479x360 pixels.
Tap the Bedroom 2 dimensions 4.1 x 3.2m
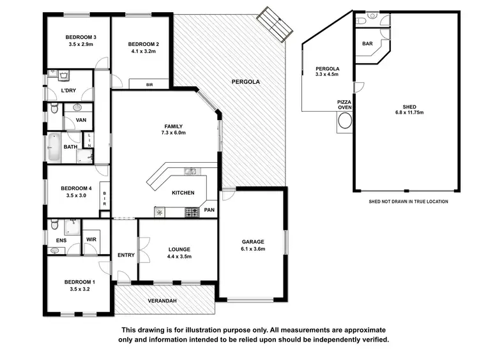(x=143, y=52)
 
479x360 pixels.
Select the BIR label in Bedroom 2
(x=149, y=84)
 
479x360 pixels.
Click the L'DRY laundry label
(x=69, y=91)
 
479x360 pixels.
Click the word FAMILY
(x=172, y=126)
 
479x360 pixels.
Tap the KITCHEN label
(x=183, y=193)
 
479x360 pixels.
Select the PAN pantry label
(x=209, y=209)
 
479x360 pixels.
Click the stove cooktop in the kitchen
(x=191, y=211)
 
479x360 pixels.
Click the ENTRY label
(x=126, y=255)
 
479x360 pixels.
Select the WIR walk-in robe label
(x=91, y=240)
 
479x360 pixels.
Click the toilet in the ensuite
(x=54, y=225)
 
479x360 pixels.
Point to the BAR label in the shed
(x=367, y=44)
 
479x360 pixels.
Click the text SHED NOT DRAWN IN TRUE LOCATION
(x=408, y=201)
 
